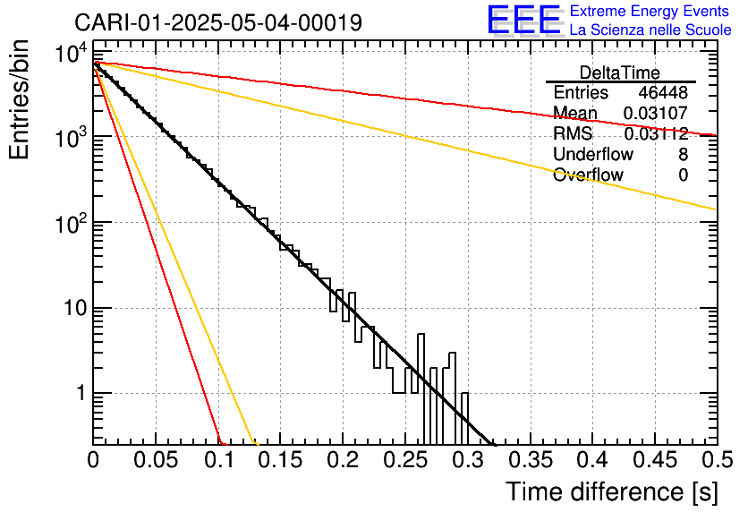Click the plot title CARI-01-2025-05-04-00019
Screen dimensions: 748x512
218,22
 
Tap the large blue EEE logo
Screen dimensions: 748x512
524,20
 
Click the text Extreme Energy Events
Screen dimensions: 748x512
650,11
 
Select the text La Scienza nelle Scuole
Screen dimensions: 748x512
650,30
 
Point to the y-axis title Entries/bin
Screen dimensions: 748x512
19,100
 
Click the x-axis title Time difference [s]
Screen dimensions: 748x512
612,491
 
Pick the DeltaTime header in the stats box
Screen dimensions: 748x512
620,73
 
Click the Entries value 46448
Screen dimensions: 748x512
663,92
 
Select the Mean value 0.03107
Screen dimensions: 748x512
656,113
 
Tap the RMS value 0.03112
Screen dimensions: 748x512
656,133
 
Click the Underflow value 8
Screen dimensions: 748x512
683,154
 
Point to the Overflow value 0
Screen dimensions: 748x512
683,175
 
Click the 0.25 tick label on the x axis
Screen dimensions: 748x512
405,460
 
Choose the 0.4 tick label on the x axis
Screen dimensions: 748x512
593,460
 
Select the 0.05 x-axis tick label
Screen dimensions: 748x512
156,460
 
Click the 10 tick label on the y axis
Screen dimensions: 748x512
75,308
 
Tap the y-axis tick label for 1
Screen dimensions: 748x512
81,394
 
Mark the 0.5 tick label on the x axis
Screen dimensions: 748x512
718,460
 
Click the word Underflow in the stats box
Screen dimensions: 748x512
593,154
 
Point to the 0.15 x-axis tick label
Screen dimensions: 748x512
281,460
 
